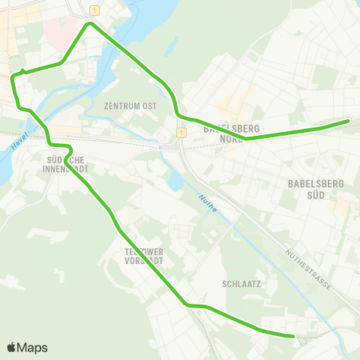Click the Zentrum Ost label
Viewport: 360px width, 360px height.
[130, 106]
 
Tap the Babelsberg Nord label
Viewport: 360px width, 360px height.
[226, 133]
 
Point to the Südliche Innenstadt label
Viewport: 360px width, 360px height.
[67, 163]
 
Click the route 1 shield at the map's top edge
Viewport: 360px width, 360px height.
[94, 10]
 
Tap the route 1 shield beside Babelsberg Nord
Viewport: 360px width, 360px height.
[181, 133]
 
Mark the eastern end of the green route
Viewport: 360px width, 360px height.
[348, 121]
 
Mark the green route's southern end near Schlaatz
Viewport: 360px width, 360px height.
[292, 336]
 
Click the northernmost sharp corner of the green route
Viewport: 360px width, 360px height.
[91, 24]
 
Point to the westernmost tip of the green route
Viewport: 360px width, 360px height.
[11, 76]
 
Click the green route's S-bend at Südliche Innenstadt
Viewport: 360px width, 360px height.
[60, 145]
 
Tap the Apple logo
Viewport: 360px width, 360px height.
[11, 347]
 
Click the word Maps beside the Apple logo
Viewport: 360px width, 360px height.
[32, 348]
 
